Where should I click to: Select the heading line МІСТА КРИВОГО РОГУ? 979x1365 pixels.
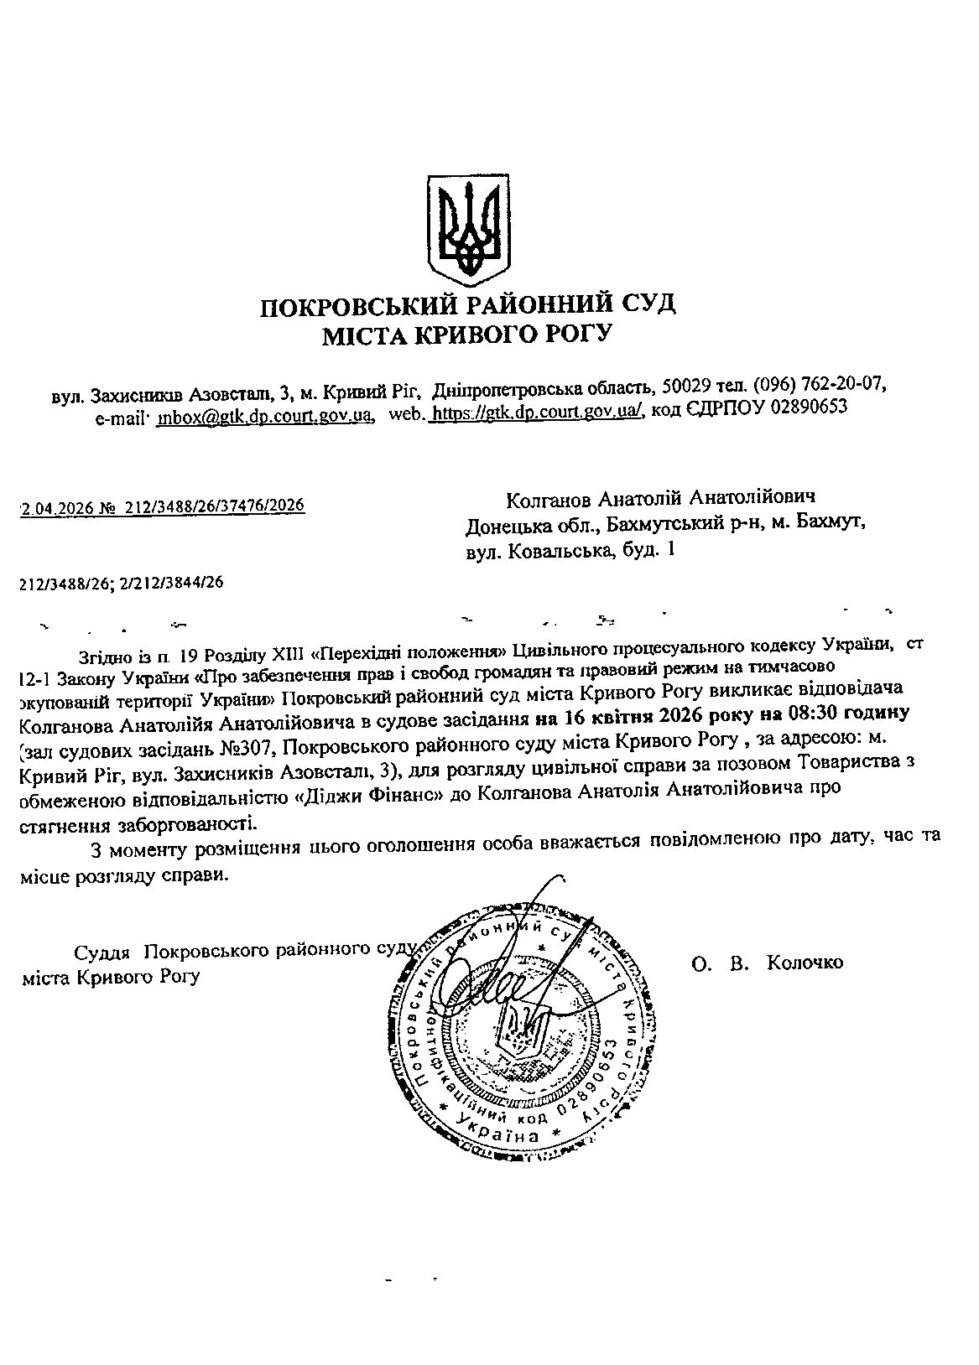point(468,336)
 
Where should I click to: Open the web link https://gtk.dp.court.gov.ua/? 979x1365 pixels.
point(538,410)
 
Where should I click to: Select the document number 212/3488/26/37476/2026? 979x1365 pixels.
point(215,506)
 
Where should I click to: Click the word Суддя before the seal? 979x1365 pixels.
point(102,952)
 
